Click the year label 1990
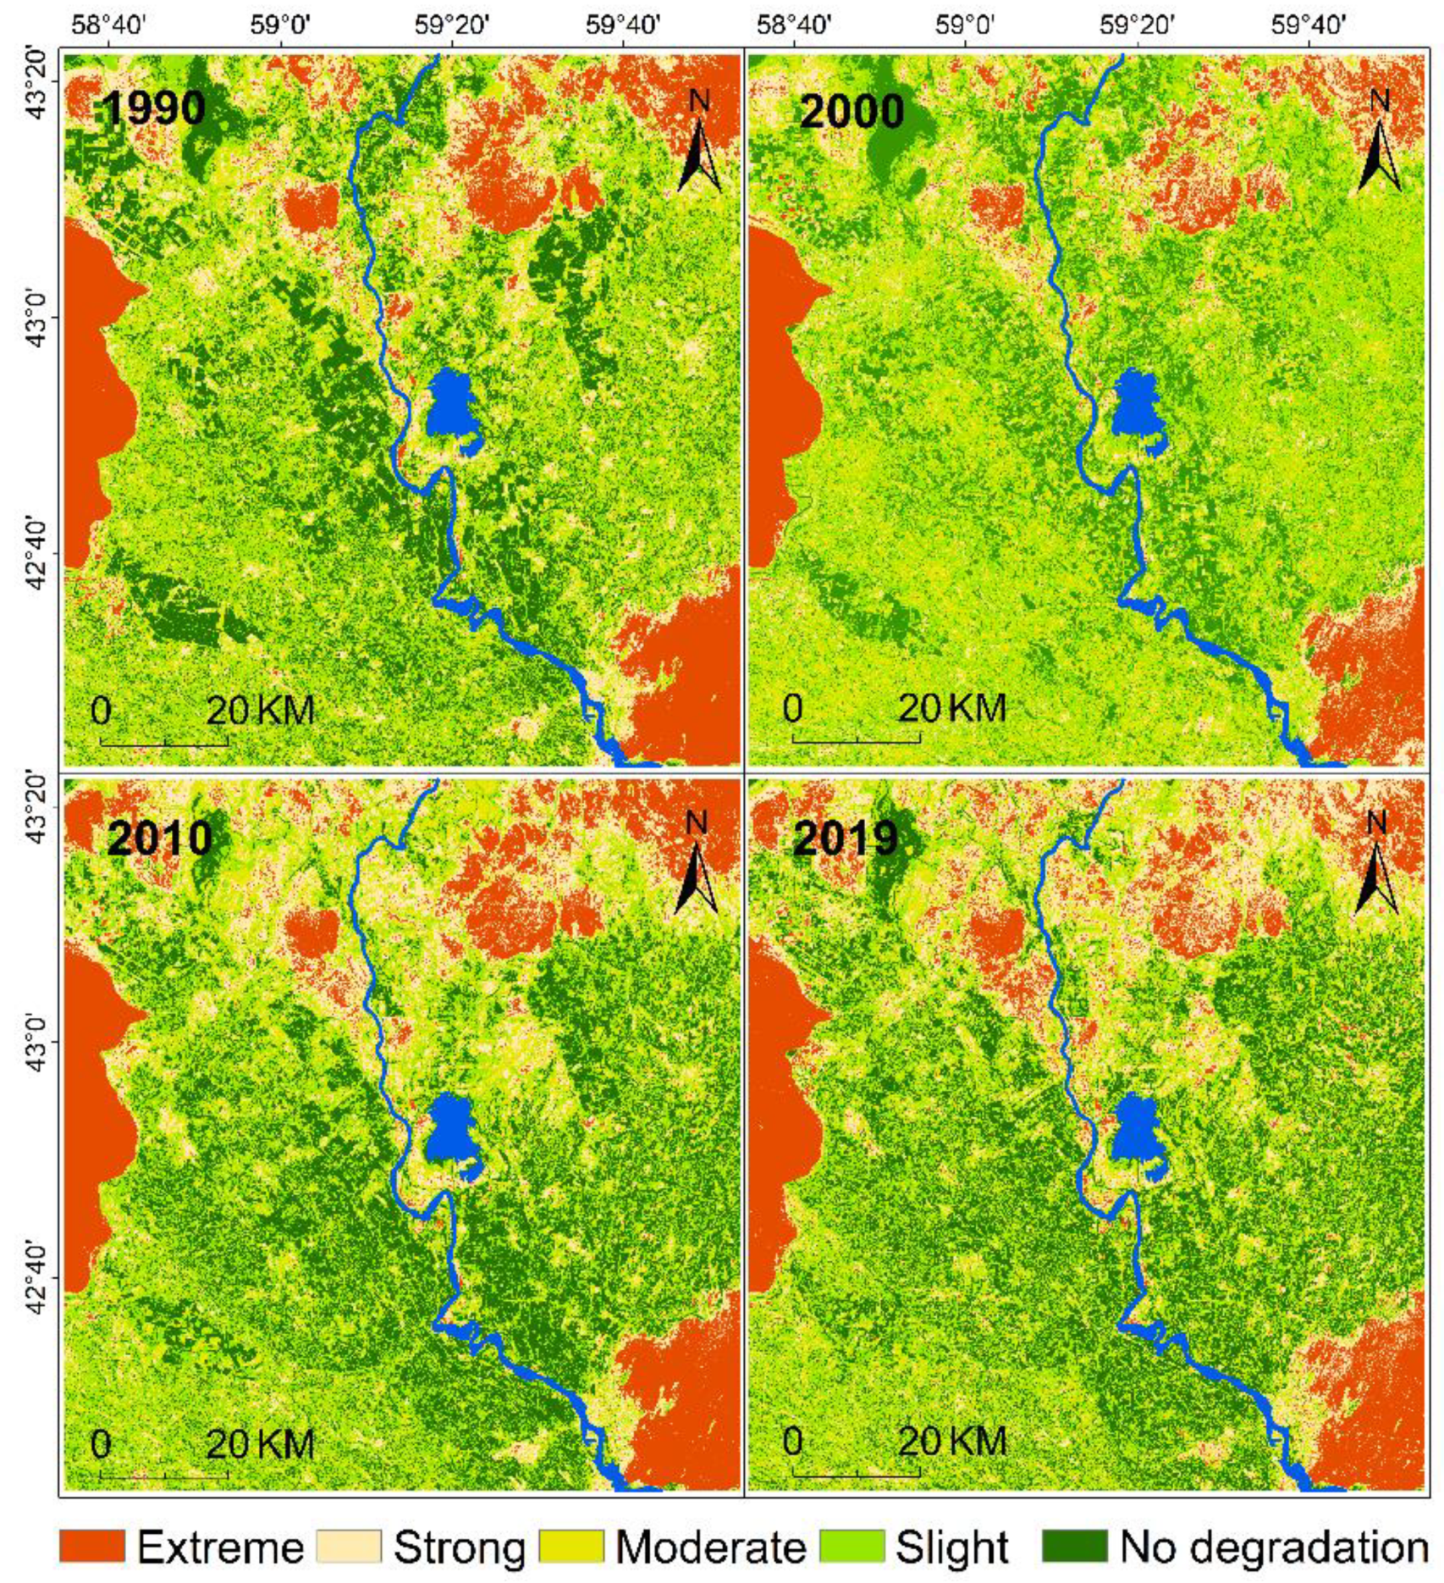(x=153, y=108)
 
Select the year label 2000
(x=852, y=112)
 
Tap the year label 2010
(x=159, y=838)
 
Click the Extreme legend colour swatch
(x=91, y=1547)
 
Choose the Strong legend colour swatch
(x=349, y=1547)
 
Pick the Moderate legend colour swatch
(x=571, y=1547)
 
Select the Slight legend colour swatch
(x=852, y=1547)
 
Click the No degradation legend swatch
(x=1074, y=1547)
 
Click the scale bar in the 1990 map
(x=164, y=743)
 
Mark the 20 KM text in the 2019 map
(x=951, y=1442)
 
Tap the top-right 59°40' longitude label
(x=1309, y=24)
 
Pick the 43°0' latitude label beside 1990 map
(x=29, y=317)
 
